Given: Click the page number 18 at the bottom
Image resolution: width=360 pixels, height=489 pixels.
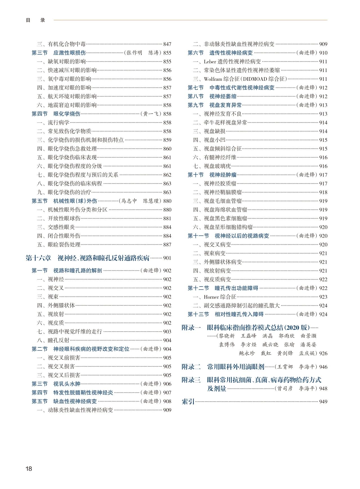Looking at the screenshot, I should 29,469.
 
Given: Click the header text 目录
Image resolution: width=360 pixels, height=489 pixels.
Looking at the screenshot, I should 35,20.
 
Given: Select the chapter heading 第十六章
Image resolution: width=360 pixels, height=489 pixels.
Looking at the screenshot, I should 39,258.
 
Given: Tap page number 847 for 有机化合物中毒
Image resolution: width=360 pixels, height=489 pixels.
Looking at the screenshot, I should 167,44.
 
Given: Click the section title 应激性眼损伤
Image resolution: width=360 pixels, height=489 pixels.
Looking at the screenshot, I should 69,53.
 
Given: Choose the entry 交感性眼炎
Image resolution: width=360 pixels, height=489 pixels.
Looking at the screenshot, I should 61,227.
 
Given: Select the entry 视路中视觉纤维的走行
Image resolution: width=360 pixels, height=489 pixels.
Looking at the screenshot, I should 75,332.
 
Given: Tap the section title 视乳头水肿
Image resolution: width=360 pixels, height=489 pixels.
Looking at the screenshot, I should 67,384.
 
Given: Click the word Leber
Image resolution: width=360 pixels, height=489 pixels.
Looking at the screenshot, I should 210,62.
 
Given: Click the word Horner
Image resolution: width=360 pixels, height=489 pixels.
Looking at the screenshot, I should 211,297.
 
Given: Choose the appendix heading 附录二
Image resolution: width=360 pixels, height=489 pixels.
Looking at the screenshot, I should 191,367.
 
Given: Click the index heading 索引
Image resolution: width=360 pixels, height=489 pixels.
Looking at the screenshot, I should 188,402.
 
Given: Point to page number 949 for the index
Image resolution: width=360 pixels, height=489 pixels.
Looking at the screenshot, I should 323,402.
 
